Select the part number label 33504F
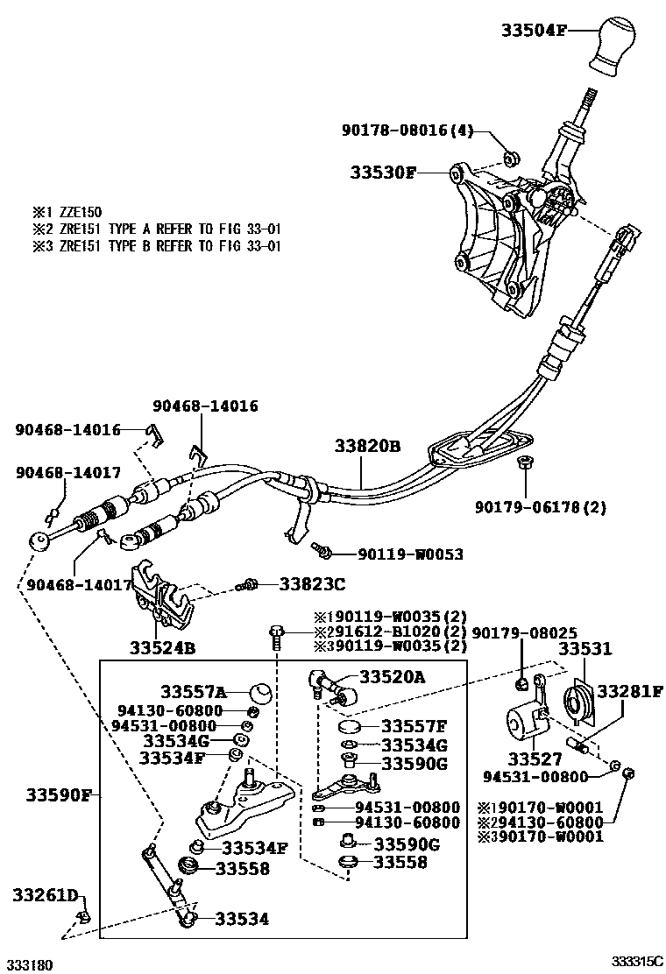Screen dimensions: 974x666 click(534, 30)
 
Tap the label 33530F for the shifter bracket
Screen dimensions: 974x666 click(384, 172)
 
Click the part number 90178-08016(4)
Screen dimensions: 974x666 click(407, 131)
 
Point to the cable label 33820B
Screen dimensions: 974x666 click(366, 447)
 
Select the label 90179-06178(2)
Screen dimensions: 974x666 click(541, 506)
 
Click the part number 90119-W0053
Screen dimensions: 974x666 click(410, 554)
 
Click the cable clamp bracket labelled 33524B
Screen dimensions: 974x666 click(162, 597)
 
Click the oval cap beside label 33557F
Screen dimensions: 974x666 click(350, 727)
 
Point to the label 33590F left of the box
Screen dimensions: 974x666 click(59, 795)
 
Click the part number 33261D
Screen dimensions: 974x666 click(46, 894)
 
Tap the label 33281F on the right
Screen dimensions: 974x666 click(630, 691)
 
